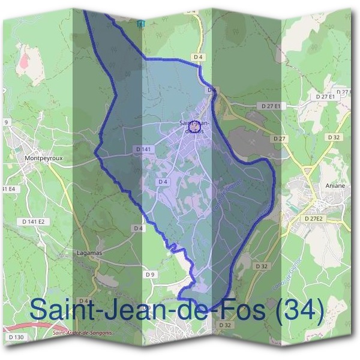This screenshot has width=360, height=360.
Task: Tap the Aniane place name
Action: (335, 186)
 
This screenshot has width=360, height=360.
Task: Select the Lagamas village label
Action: (89, 253)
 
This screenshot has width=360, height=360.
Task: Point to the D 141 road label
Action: (143, 149)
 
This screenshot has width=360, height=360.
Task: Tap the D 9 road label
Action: (150, 274)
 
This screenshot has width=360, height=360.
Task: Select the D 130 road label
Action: (16, 338)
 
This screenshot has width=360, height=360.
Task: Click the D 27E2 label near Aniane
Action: (313, 219)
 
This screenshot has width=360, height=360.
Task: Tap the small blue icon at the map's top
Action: (141, 23)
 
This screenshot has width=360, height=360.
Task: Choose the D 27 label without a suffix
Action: (279, 139)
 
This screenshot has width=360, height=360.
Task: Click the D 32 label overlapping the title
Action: (225, 325)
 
